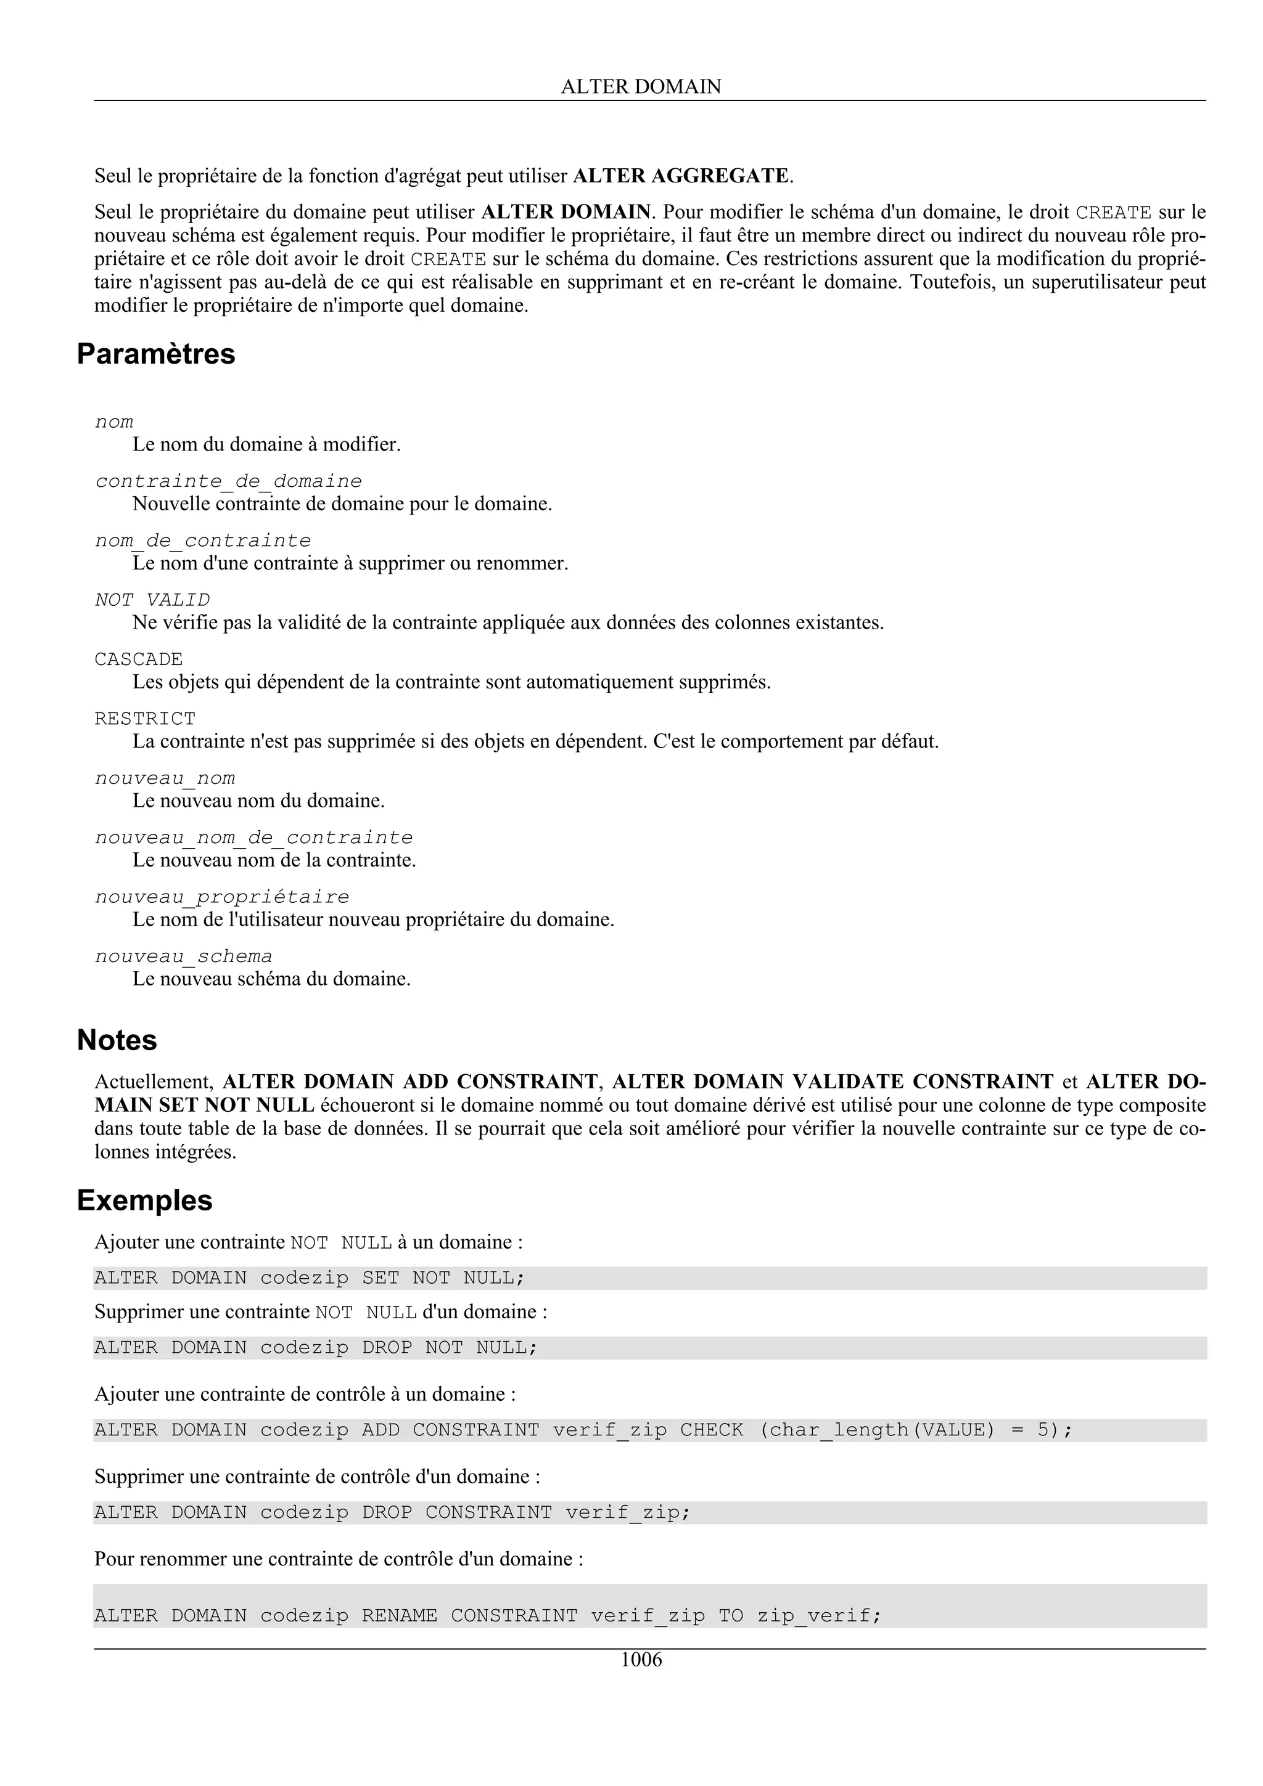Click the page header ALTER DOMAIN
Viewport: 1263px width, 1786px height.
641,86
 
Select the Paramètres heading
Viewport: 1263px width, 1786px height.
155,354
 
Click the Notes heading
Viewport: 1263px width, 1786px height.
117,1040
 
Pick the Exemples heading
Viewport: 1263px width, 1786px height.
145,1201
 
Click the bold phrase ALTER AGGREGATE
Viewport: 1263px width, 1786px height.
681,176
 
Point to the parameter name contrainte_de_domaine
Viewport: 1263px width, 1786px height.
228,481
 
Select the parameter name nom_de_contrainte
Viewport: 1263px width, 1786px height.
202,540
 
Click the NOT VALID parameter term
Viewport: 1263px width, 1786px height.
152,600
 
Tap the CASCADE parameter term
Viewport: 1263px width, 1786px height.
139,659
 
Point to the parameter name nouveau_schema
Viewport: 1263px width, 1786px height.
184,956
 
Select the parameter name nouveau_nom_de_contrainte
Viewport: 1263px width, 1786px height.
253,838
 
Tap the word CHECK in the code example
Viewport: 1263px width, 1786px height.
711,1430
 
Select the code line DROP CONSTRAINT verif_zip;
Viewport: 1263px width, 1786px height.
392,1513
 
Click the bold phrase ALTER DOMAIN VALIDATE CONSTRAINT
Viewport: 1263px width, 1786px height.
833,1082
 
